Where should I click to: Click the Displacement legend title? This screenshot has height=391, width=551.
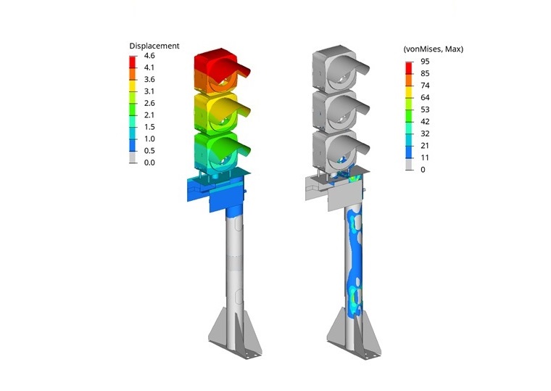pos(154,46)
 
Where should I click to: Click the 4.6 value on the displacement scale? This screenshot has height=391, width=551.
pos(149,56)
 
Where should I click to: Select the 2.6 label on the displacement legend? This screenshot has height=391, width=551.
pos(149,103)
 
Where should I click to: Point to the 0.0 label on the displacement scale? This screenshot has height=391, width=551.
pos(149,162)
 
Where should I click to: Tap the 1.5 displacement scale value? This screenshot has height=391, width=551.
pos(149,127)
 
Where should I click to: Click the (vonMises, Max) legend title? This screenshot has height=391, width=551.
pos(434,49)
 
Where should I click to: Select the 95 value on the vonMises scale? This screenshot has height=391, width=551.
pos(425,62)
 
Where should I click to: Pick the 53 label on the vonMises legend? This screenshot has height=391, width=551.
pos(425,110)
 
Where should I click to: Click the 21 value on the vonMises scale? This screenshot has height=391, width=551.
pos(425,146)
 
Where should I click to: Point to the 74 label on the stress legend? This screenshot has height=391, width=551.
pos(425,86)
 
